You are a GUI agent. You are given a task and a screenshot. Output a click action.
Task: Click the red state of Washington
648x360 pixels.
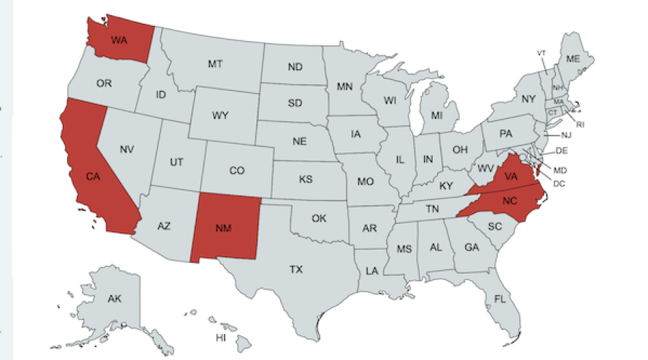coord(119,40)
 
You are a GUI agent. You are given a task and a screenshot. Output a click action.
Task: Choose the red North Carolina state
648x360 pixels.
coord(509,201)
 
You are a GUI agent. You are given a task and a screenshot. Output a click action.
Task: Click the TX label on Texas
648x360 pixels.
coord(296,270)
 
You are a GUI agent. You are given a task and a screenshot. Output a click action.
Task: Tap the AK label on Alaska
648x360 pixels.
coord(114,299)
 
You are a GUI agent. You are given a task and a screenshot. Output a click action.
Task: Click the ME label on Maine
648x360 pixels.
coord(574,58)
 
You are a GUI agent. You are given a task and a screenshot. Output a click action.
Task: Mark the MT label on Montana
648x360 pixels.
coord(215,65)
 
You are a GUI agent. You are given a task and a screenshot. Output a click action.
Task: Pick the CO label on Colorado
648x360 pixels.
coord(237,171)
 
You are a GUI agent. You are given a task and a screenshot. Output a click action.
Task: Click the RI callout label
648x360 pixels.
coord(580,125)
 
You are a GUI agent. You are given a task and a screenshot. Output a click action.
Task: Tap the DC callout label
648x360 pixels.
coord(559,184)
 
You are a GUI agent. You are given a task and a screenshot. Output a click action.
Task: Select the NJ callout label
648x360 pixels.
coord(567,135)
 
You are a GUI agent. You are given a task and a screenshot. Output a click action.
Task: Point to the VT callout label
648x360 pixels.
coord(541,53)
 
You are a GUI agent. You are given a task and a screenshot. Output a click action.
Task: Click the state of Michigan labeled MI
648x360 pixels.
coord(436,115)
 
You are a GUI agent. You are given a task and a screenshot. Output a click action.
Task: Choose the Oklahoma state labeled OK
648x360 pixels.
coord(320,218)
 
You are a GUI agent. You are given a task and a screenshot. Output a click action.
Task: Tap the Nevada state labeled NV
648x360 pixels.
coord(127,150)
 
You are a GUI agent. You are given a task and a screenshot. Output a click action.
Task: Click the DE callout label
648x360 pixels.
coord(562,150)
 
